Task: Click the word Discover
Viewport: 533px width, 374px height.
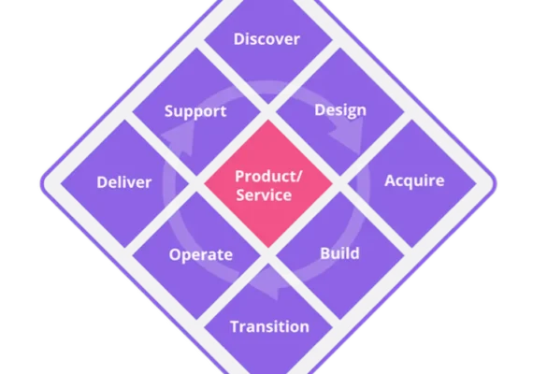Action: point(266,39)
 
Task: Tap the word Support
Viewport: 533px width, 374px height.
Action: point(195,111)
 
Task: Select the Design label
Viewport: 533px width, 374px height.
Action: point(340,110)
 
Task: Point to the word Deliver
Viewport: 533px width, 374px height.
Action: point(124,182)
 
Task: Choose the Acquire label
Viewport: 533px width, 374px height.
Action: point(414,180)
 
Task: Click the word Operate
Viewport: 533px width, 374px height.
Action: point(201,254)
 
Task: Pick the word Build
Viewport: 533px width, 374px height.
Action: point(340,253)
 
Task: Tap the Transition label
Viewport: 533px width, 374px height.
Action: point(270,326)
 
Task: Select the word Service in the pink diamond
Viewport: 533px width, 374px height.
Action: point(264,195)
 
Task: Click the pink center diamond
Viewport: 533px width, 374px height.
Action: point(268,183)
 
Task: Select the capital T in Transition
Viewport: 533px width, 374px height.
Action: point(236,326)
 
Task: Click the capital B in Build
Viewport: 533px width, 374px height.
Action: point(325,253)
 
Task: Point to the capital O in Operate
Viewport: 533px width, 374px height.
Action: point(175,254)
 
